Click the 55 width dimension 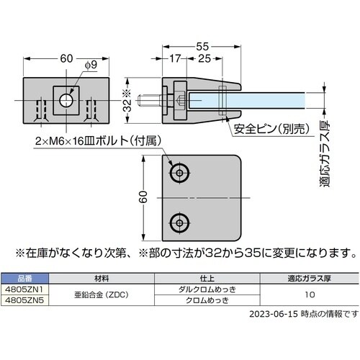tap(202, 46)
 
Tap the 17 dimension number tap(175, 58)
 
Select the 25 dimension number tap(204, 58)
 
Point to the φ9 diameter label tap(91, 65)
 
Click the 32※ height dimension tap(127, 101)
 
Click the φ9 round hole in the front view tap(66, 100)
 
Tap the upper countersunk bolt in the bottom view tap(179, 173)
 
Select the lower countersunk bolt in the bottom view tap(179, 223)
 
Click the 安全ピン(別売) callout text tap(271, 129)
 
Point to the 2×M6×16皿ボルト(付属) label tap(98, 141)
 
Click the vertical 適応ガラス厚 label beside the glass tap(325, 154)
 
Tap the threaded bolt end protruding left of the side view tap(149, 100)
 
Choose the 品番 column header tap(24, 279)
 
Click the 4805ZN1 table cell tap(24, 289)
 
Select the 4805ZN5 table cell tap(24, 300)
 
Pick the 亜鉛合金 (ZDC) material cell tap(102, 294)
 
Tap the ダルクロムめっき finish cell tap(207, 289)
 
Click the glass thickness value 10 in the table tap(310, 294)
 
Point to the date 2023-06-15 tap(274, 314)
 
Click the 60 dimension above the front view tap(66, 58)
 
